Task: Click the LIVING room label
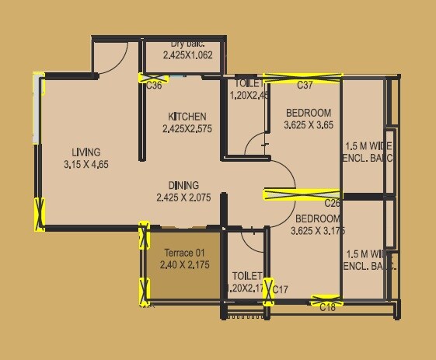pos(85,152)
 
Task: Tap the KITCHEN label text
pos(187,117)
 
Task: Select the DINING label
pos(183,186)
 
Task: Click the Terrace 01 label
pos(184,253)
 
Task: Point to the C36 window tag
pos(154,86)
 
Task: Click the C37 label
pos(305,85)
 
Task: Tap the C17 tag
pos(281,290)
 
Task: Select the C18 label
pos(327,308)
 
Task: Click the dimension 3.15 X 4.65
pos(85,165)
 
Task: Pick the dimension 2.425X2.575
pos(187,129)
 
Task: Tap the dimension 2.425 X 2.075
pos(183,197)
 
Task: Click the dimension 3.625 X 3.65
pos(308,124)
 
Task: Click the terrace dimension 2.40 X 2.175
pos(184,265)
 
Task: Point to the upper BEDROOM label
pos(308,113)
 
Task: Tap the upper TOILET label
pos(247,83)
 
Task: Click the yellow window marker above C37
pos(302,76)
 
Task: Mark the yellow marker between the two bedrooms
pos(302,194)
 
